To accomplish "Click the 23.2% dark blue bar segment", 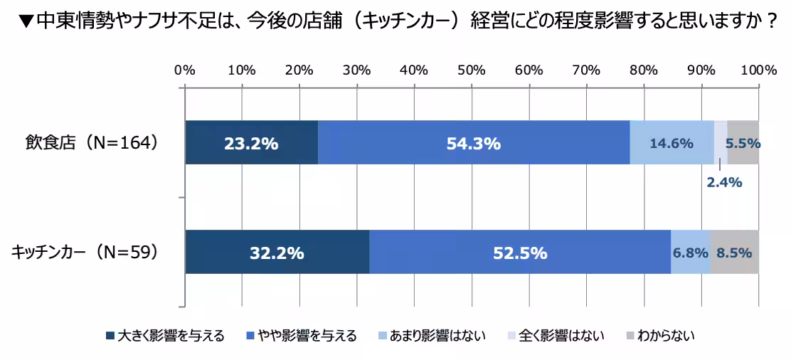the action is coord(252,143).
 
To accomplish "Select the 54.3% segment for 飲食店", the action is coord(474,143).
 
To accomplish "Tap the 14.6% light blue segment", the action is coord(672,143).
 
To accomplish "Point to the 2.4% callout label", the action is coord(724,182).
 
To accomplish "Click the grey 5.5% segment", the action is coord(743,143).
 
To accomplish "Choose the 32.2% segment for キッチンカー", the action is coord(277,252).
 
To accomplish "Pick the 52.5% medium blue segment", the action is coord(520,252).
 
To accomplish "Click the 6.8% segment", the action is coord(691,252).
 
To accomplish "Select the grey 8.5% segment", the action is coord(735,252).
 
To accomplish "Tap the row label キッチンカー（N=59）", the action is coord(85,252).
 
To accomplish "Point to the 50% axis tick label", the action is coord(472,70).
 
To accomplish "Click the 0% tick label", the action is coord(185,70).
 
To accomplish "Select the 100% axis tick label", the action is coord(759,70).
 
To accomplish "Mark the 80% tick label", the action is coord(644,70).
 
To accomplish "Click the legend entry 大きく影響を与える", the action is coord(166,335).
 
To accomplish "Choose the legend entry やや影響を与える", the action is coord(301,335).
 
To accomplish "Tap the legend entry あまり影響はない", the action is coord(432,335).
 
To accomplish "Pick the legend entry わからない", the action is coord(659,335).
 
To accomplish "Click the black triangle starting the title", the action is coord(27,22).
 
